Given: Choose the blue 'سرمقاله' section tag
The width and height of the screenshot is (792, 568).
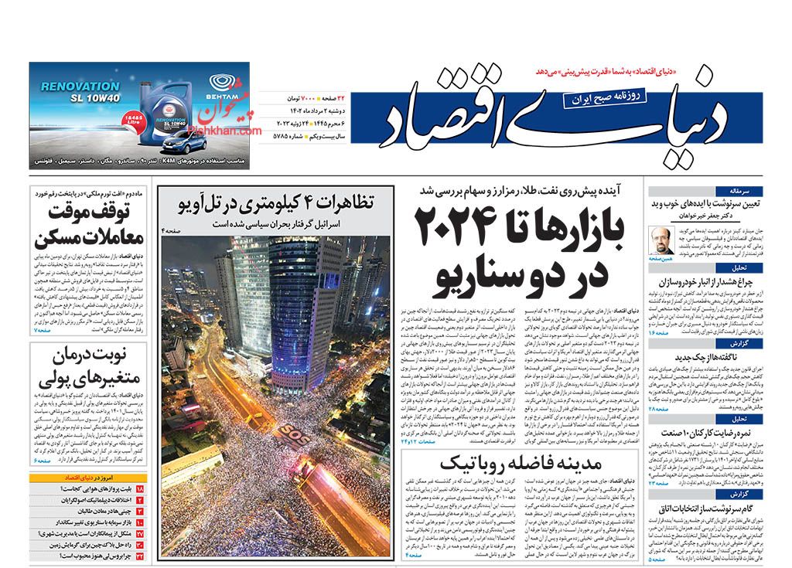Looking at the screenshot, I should coord(750,190).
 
